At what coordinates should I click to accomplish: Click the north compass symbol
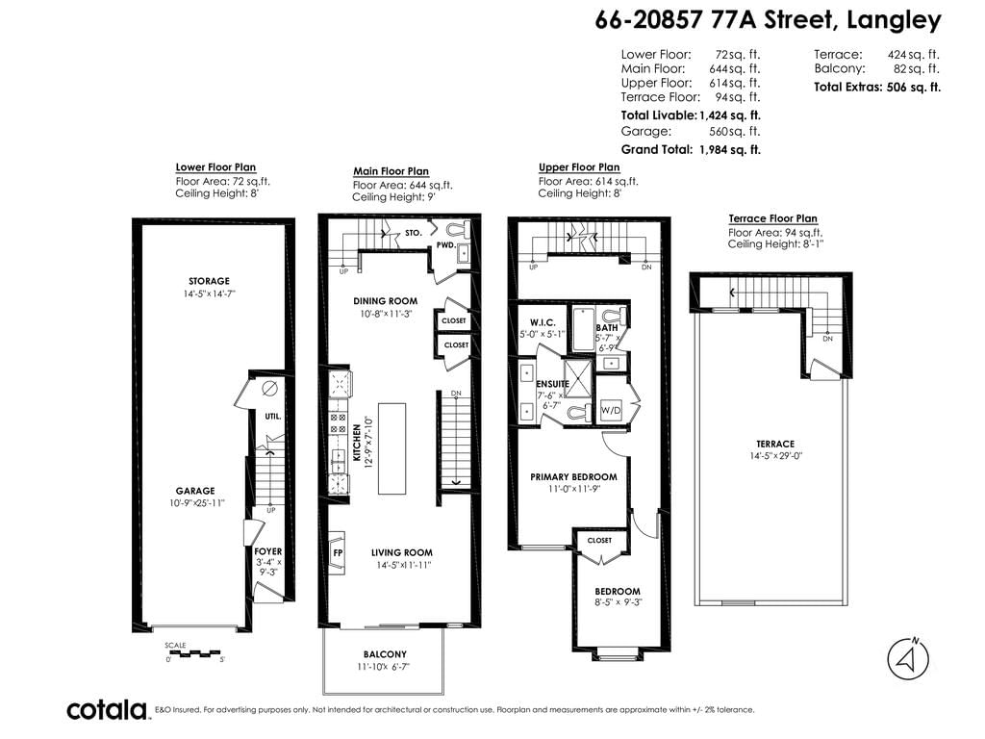point(908,658)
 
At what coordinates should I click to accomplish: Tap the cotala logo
point(107,709)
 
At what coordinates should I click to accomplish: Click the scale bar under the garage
point(195,653)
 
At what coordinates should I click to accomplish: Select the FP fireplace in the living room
point(337,553)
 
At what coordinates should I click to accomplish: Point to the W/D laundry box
point(611,410)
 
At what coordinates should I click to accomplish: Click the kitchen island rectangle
point(391,448)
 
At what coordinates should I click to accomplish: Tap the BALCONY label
point(385,654)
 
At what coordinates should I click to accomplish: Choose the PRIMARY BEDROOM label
point(573,477)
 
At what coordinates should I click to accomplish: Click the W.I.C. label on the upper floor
point(543,322)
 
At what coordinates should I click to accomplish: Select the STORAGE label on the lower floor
point(209,281)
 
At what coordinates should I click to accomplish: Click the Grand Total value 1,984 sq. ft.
point(730,149)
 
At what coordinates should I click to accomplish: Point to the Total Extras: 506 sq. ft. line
point(877,88)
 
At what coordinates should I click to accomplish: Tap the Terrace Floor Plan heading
point(772,218)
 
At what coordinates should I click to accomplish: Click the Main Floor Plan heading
point(391,171)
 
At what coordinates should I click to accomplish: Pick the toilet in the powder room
point(457,227)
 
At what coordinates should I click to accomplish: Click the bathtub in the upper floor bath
point(584,329)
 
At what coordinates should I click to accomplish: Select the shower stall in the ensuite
point(578,378)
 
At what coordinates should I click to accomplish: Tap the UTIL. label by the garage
point(272,416)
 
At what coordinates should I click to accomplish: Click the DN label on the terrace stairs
point(828,339)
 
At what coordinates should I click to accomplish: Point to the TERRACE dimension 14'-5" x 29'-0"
point(776,456)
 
